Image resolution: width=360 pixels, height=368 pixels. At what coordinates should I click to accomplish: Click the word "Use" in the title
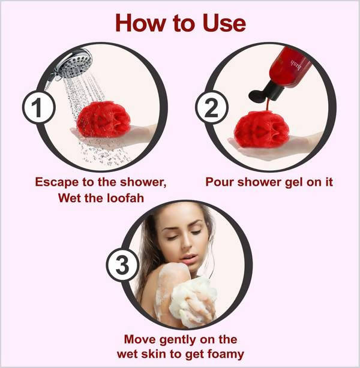(x=224, y=23)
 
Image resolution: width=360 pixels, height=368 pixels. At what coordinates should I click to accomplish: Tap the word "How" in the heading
(x=140, y=23)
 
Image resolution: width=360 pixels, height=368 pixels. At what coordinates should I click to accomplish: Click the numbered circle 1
(x=39, y=107)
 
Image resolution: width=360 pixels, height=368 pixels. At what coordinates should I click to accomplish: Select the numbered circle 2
(x=212, y=107)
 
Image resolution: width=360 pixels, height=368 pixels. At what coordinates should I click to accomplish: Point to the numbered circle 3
(x=122, y=265)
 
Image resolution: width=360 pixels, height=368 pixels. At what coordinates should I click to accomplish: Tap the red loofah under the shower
(x=103, y=119)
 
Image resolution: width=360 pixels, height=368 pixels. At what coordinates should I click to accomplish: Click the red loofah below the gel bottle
(x=262, y=129)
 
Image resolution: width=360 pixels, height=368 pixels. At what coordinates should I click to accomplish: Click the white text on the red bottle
(x=296, y=65)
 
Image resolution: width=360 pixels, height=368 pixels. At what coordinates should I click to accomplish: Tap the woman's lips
(x=188, y=258)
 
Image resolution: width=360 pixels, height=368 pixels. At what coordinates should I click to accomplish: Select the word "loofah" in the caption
(x=125, y=198)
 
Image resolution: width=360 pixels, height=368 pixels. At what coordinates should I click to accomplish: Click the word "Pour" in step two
(x=220, y=182)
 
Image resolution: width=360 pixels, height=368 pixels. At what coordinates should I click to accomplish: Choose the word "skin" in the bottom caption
(x=153, y=354)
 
